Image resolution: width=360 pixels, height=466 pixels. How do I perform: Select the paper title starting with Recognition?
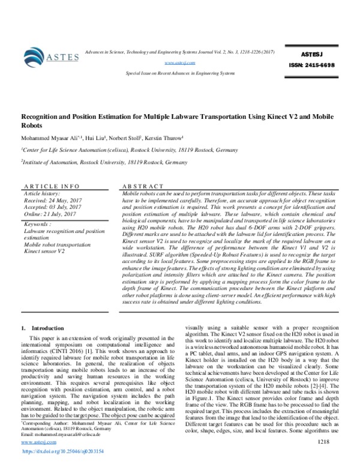coord(180,120)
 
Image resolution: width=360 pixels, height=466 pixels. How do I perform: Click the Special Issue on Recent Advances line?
coord(180,73)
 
